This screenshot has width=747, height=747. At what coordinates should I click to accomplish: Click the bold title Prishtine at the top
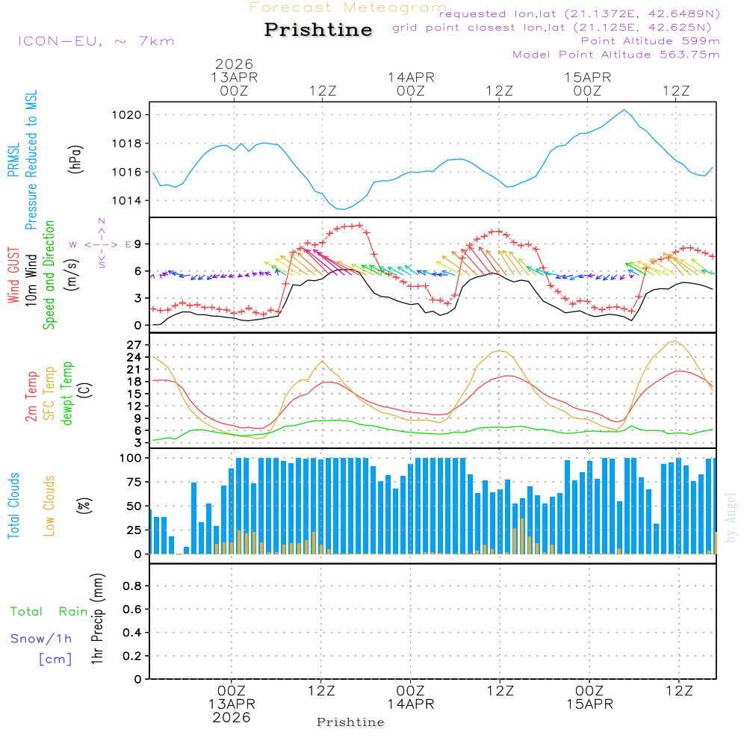pos(318,30)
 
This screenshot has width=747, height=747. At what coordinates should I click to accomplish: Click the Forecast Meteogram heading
pos(347,7)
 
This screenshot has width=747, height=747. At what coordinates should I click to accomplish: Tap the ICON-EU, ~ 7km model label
pos(96,40)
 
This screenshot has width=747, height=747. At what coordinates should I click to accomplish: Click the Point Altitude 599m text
pos(650,40)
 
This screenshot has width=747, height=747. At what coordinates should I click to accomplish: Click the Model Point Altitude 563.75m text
pos(616,55)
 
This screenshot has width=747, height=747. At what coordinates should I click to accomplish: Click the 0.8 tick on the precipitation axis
pos(133,586)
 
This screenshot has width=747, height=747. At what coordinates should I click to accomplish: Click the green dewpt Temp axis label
pos(68,394)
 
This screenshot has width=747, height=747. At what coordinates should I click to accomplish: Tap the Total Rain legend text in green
pos(49,612)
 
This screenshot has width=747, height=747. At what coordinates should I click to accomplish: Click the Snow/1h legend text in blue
pos(41,639)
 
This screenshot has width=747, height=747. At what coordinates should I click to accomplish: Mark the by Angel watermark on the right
pos(731,517)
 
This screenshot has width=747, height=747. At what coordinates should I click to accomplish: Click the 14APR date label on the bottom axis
pos(410,704)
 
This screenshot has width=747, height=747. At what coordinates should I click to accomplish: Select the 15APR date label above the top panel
pos(588,78)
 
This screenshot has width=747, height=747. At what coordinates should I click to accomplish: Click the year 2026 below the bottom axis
pos(232,717)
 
